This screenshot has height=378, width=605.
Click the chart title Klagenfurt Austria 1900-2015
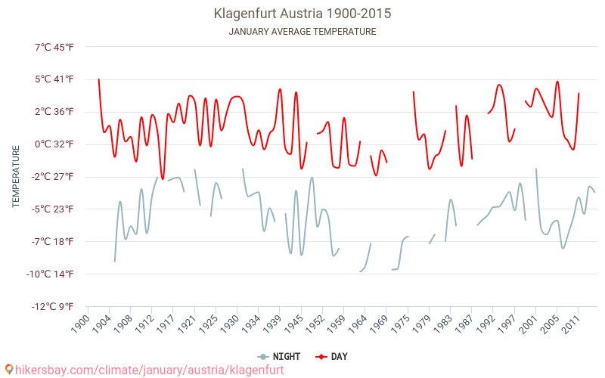tap(302, 14)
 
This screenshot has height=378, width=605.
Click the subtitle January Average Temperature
tap(302, 32)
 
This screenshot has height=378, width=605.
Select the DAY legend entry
tap(331, 356)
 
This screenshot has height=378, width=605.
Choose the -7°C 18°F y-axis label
tap(53, 241)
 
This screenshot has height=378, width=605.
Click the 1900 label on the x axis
tap(79, 323)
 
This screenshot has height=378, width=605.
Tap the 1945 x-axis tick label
tap(293, 323)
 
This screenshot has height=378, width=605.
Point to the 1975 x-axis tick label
tap(401, 323)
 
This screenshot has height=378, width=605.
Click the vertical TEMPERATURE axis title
tap(16, 177)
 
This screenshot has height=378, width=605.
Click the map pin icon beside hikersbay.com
tap(9, 370)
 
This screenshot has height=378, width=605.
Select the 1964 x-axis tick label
tap(358, 323)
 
